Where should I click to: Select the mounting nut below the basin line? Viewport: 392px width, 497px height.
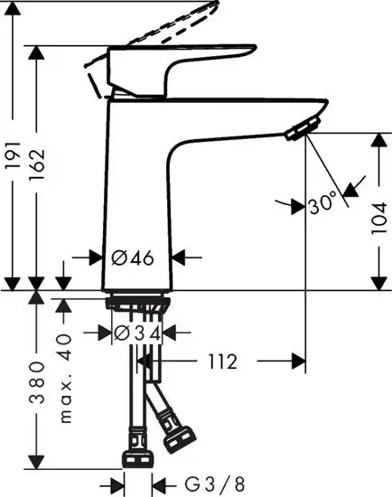click(x=138, y=304)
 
